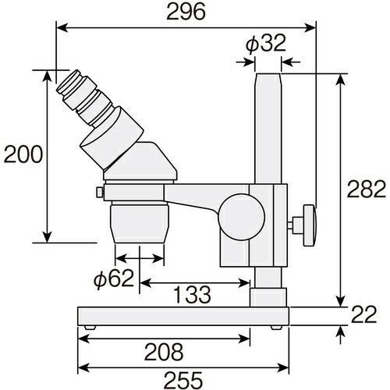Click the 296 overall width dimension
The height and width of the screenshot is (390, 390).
tap(186, 12)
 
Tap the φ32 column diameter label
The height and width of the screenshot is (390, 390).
tap(266, 43)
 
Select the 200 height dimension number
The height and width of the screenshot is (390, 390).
tap(23, 154)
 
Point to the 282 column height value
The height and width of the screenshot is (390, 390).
tap(367, 189)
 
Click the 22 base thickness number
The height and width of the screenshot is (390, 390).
tap(363, 314)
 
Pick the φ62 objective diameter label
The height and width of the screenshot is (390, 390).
tap(114, 278)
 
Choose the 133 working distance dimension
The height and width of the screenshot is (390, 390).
tap(192, 295)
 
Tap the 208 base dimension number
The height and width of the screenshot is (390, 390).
tap(164, 352)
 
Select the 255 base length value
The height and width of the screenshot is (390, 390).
tap(183, 380)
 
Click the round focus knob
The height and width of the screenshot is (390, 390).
tap(242, 217)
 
